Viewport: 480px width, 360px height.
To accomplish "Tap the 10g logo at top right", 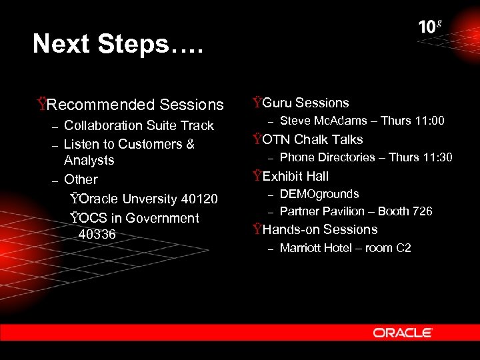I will pyautogui.click(x=430, y=27).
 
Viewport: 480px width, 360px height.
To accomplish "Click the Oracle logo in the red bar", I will pyautogui.click(x=403, y=333).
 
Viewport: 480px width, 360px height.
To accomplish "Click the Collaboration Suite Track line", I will pyautogui.click(x=139, y=125).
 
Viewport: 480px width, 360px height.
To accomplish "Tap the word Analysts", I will pyautogui.click(x=89, y=161).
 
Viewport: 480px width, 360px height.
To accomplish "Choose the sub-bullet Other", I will pyautogui.click(x=81, y=179).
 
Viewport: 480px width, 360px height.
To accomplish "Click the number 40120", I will pyautogui.click(x=199, y=199).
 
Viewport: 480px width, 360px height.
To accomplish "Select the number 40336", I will pyautogui.click(x=97, y=235).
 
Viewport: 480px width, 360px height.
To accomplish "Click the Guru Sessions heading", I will pyautogui.click(x=305, y=103).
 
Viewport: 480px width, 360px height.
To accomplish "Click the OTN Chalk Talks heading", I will pyautogui.click(x=312, y=139).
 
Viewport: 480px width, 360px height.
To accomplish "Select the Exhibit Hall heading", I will pyautogui.click(x=295, y=176).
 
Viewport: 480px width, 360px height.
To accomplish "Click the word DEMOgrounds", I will pyautogui.click(x=319, y=194).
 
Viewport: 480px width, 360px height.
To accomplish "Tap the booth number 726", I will pyautogui.click(x=423, y=211).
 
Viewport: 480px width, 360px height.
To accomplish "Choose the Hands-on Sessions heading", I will pyautogui.click(x=320, y=229).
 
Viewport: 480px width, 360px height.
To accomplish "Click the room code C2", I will pyautogui.click(x=403, y=248).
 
